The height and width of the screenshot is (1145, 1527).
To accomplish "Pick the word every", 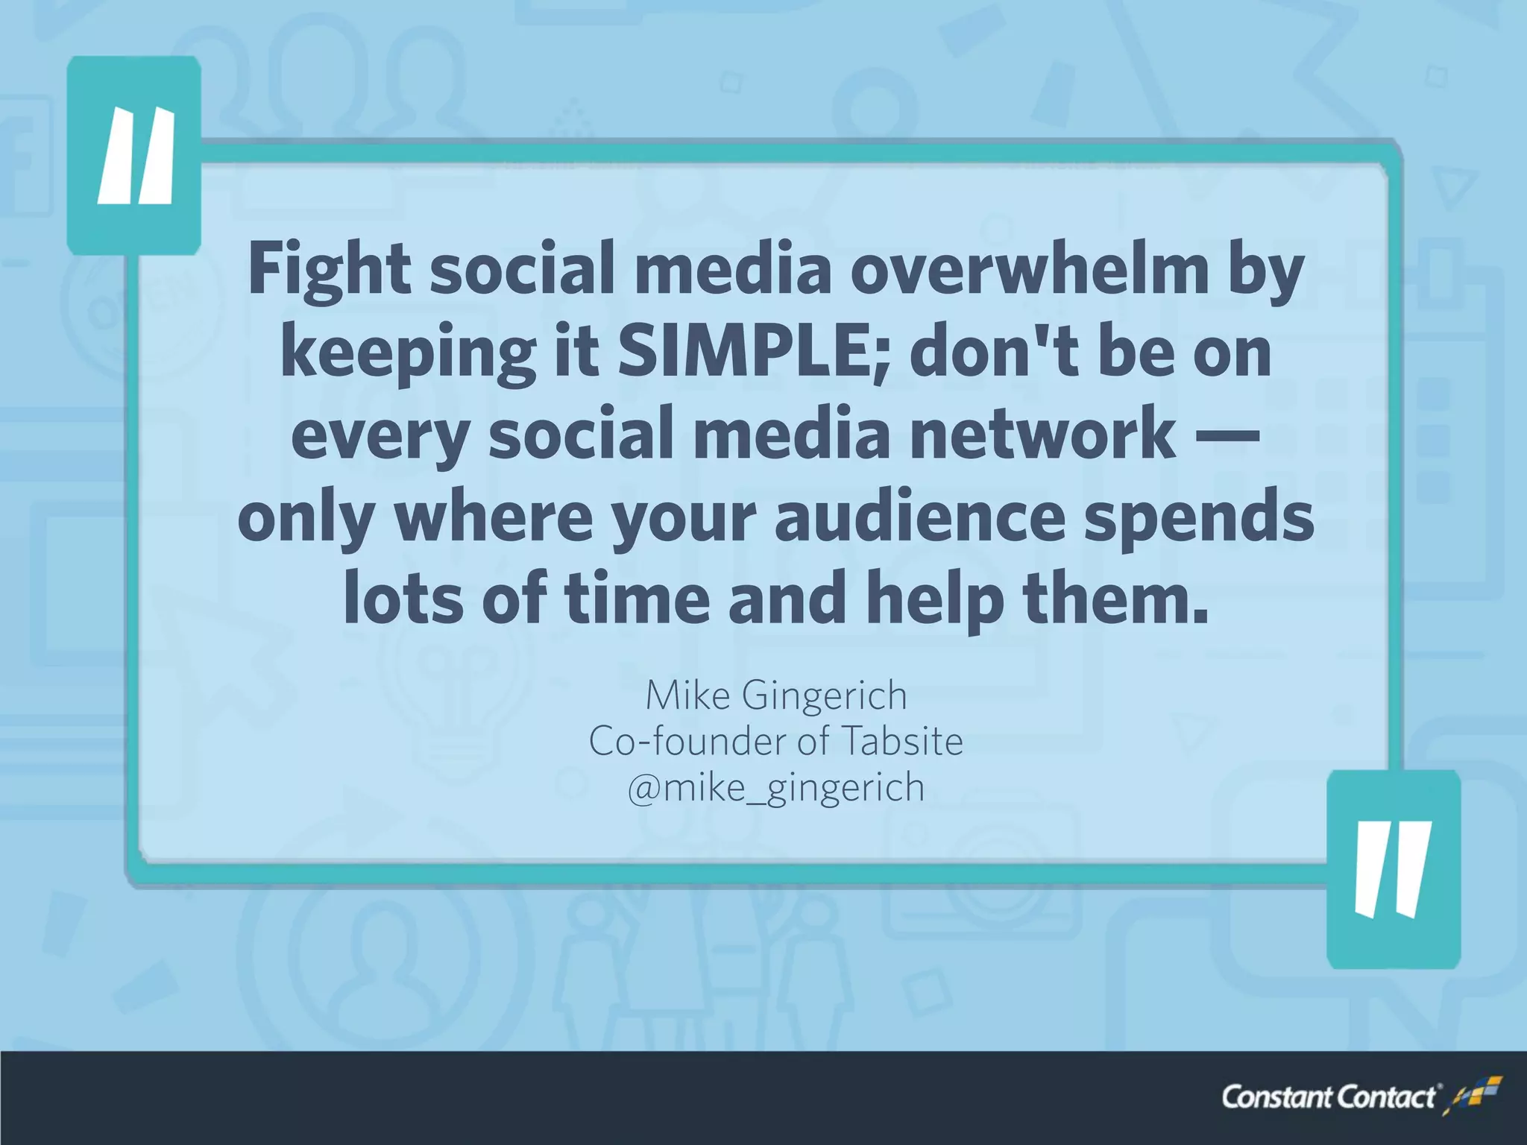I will (380, 435).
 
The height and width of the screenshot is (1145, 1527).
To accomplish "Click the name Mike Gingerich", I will (776, 695).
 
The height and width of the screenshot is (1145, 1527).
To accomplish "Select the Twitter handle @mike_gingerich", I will (776, 789).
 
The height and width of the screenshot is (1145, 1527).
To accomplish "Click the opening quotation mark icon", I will (134, 156).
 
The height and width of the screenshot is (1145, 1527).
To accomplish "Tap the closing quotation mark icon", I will (1393, 869).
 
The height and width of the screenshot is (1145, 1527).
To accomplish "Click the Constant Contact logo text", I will (1328, 1097).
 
